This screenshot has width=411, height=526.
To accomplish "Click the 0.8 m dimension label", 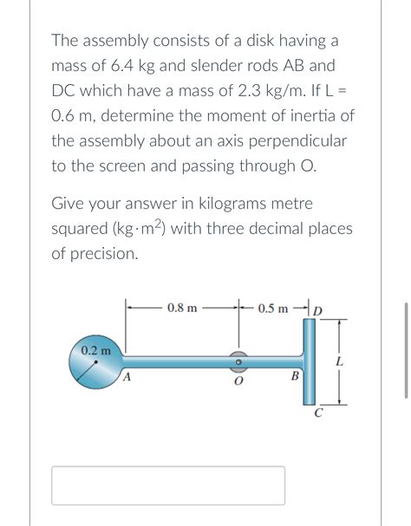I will pyautogui.click(x=182, y=308).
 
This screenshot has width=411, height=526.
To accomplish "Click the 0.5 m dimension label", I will pyautogui.click(x=273, y=308).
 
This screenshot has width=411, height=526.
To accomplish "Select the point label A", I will pyautogui.click(x=127, y=377).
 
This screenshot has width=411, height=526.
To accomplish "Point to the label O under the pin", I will pyautogui.click(x=238, y=381).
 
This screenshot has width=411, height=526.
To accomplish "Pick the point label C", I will pyautogui.click(x=318, y=412).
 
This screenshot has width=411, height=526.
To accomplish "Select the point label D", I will pyautogui.click(x=317, y=310).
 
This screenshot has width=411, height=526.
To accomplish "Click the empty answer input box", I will pyautogui.click(x=168, y=485).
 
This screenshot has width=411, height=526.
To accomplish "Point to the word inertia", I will pyautogui.click(x=310, y=115).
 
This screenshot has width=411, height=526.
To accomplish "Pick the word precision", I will pyautogui.click(x=105, y=254).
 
